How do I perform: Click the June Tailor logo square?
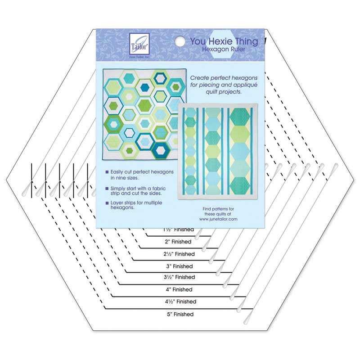point(139,44)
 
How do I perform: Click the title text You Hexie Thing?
point(224,41)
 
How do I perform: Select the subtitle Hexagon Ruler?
point(223,49)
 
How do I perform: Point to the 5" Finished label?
point(180,314)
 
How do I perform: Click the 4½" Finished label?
point(181,301)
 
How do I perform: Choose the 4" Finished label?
point(179,289)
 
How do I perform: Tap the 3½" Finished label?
point(179,277)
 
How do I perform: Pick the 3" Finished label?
point(180,266)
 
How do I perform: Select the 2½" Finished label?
point(179,254)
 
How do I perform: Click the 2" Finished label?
point(178,242)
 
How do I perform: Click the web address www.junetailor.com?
point(218,219)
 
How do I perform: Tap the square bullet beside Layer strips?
point(107,203)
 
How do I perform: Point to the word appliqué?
point(245,85)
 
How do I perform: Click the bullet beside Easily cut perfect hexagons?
point(107,172)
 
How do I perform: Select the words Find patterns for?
point(218,209)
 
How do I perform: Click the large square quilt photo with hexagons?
point(144,114)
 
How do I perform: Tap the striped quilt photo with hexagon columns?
point(218,151)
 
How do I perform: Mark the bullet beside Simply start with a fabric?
point(107,188)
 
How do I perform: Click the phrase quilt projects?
point(224,92)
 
